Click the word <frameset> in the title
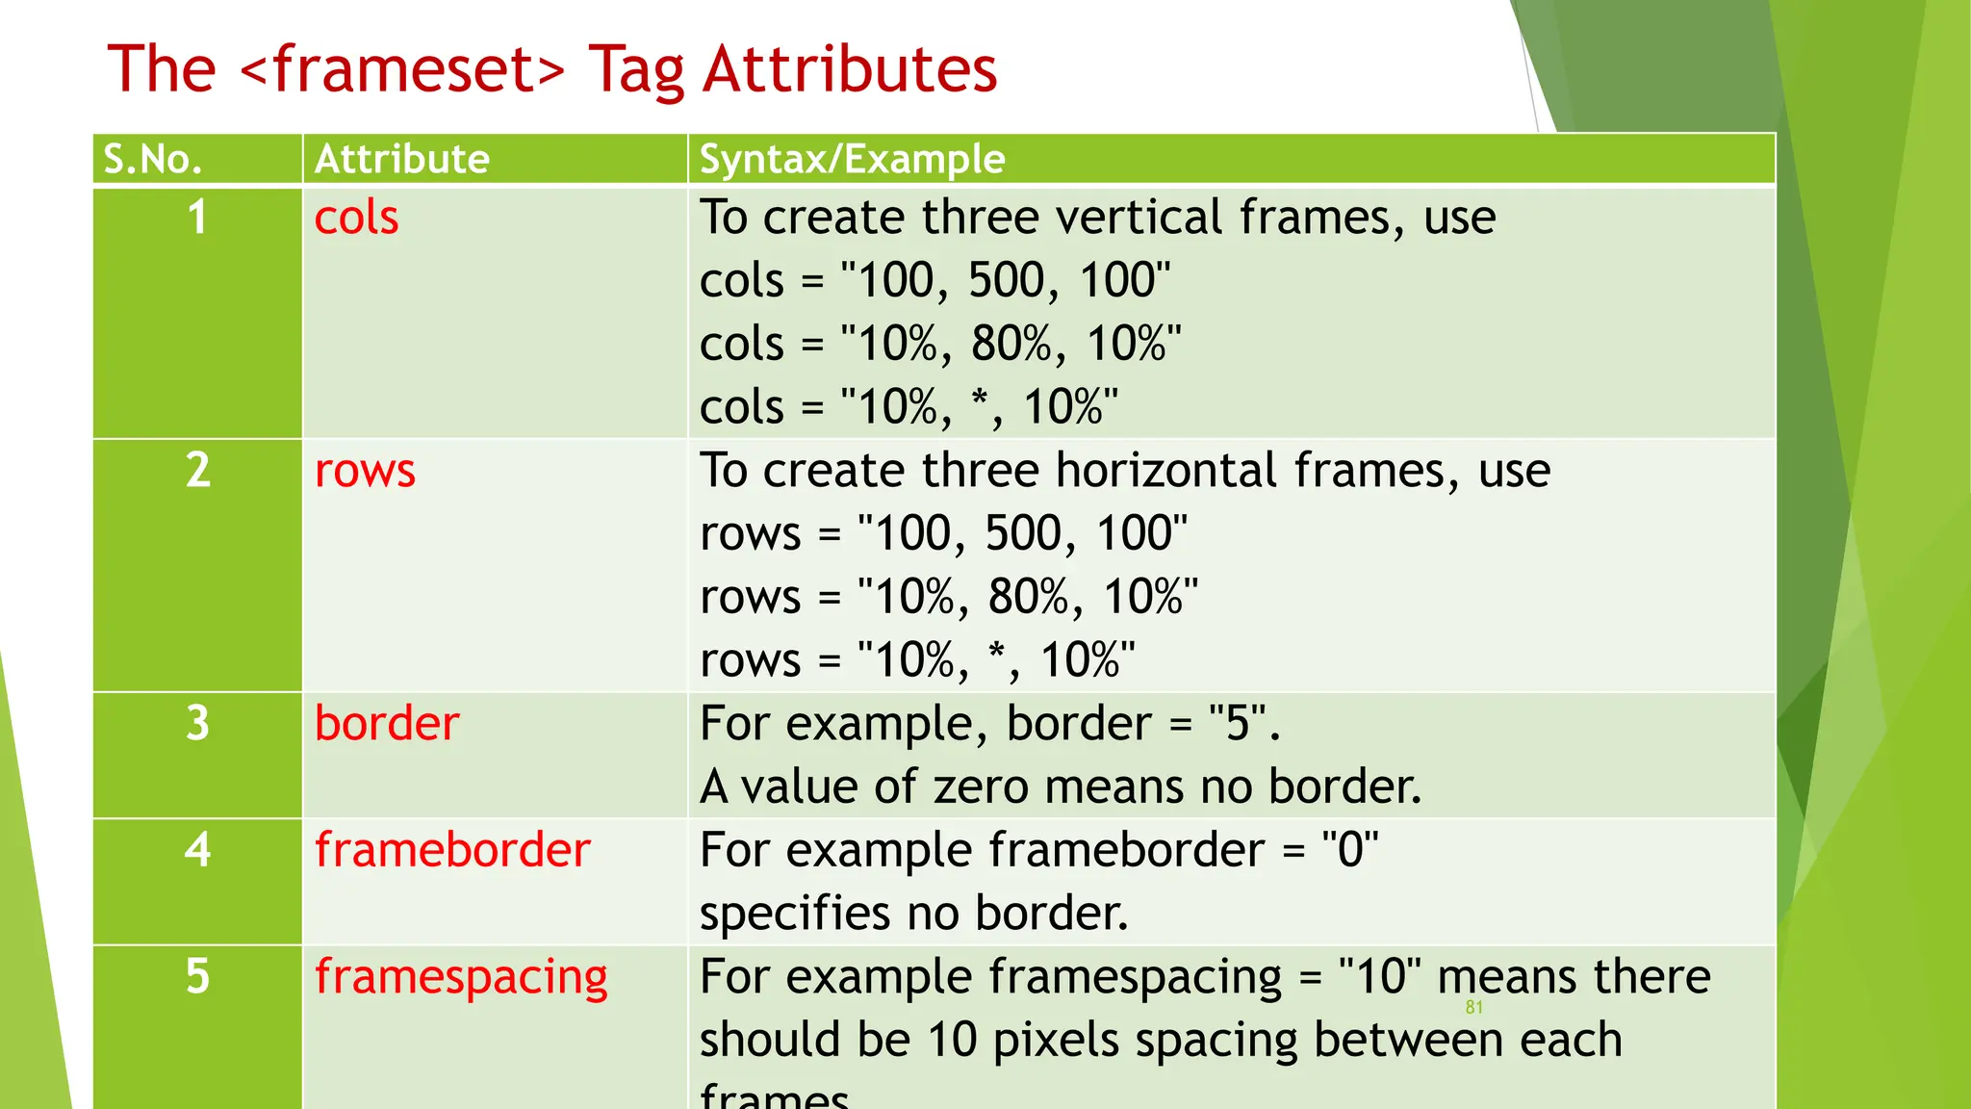coord(401,69)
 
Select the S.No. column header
coord(152,159)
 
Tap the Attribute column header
coord(401,159)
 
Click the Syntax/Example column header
coord(852,159)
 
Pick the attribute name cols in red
coord(356,218)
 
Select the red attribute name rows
coord(365,471)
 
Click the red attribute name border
coord(387,724)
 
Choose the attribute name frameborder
coord(452,850)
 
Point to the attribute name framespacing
coord(461,977)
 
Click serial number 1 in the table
coord(197,218)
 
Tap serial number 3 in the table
coord(197,724)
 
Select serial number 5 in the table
coord(197,977)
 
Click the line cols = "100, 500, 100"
coord(934,281)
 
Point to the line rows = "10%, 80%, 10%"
coord(949,597)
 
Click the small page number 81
coord(1473,1008)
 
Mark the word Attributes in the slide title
coord(850,69)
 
